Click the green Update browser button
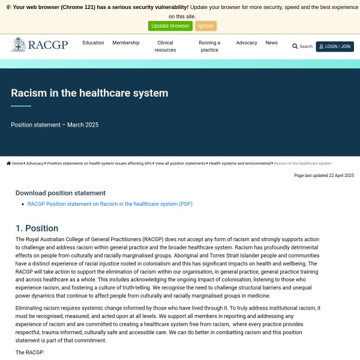click(x=170, y=26)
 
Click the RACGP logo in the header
click(x=40, y=45)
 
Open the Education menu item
click(x=93, y=43)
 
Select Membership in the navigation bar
click(x=125, y=43)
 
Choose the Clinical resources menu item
click(x=165, y=46)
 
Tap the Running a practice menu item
click(x=209, y=46)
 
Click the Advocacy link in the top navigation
click(x=247, y=43)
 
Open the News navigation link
click(x=272, y=43)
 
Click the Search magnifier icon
click(x=295, y=46)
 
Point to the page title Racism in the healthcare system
click(x=89, y=93)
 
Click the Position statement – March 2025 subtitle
click(x=55, y=125)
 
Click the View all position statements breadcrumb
click(x=181, y=163)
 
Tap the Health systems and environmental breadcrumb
click(x=239, y=163)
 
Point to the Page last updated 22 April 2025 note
click(x=324, y=175)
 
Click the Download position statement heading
click(x=61, y=193)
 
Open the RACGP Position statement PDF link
click(x=110, y=204)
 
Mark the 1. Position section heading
click(x=37, y=229)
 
